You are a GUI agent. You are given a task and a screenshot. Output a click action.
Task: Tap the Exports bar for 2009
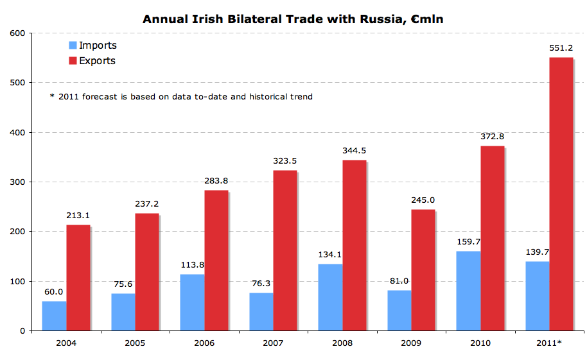[x=423, y=270]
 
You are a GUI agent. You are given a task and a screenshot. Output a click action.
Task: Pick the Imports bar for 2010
[x=468, y=291]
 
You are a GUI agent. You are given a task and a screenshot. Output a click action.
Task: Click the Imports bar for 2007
[x=261, y=311]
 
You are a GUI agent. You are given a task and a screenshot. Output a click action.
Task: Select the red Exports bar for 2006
[x=216, y=260]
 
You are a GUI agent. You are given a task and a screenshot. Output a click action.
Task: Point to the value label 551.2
[x=561, y=48]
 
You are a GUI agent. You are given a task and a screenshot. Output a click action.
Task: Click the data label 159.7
[x=469, y=242]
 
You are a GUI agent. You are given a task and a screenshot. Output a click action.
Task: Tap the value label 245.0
[x=423, y=200]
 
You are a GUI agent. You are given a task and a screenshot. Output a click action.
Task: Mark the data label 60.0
[x=54, y=291]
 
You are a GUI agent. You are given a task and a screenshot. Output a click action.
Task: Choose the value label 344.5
[x=354, y=151]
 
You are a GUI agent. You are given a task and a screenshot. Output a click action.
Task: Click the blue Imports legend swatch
[x=73, y=46]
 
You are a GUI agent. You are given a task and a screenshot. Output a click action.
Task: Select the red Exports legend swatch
[x=73, y=61]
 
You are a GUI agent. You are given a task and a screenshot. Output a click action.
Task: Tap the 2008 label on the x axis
[x=342, y=343]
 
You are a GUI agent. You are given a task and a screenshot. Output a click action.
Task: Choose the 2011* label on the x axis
[x=550, y=343]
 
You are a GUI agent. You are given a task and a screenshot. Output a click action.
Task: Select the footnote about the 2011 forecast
[x=181, y=97]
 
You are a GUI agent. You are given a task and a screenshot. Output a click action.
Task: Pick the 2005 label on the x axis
[x=135, y=343]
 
